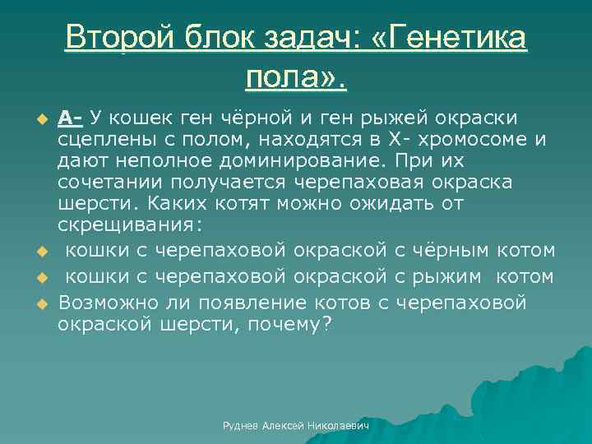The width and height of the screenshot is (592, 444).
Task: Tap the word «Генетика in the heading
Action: [448, 38]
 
